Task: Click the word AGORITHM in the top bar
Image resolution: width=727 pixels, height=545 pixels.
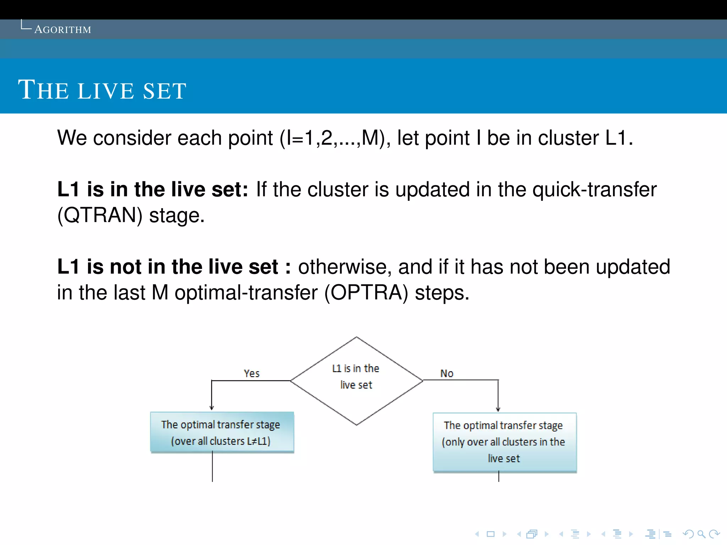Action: tap(62, 29)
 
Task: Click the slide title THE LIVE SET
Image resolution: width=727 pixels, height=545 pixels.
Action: tap(102, 90)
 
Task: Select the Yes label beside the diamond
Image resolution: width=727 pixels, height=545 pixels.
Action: tap(252, 374)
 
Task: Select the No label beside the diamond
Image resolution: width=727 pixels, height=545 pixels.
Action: tap(447, 374)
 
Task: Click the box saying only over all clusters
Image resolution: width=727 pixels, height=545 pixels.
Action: tap(504, 442)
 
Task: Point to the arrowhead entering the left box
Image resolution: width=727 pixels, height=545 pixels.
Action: tap(212, 408)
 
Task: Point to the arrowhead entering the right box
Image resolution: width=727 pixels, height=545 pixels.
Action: tap(498, 409)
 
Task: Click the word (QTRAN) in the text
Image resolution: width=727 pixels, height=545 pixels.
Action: tap(100, 215)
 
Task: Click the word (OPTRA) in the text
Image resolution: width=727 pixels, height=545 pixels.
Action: tap(366, 293)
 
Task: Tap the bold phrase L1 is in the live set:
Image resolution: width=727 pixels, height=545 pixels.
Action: tap(153, 189)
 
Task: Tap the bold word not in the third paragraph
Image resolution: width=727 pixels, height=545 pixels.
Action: tap(125, 267)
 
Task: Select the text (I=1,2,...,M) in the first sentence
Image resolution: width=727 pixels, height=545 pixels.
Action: tap(333, 138)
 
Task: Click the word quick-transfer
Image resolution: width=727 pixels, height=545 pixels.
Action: tap(595, 189)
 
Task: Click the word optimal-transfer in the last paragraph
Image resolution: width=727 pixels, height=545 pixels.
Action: tap(246, 293)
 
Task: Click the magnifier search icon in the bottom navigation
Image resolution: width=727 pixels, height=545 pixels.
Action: tap(701, 534)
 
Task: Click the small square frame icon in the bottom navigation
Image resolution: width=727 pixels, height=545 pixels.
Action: tap(491, 534)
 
